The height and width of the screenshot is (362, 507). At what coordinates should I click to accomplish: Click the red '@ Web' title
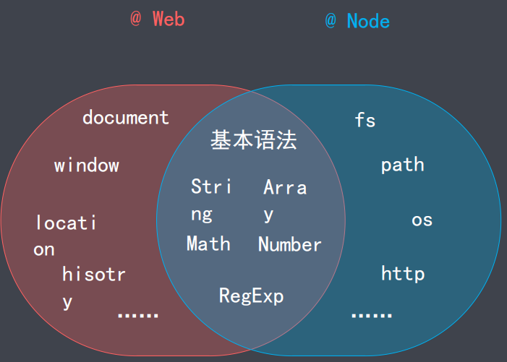point(158,19)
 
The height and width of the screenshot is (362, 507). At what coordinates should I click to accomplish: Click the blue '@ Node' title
point(357,21)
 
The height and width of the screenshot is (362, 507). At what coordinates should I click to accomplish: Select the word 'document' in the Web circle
point(126,117)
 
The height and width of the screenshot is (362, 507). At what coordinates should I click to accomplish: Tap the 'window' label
point(87,165)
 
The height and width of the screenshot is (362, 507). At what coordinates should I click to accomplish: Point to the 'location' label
point(65,235)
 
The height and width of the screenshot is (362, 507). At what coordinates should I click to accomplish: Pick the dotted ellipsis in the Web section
point(137,315)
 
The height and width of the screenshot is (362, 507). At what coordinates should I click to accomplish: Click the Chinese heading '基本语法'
point(254,140)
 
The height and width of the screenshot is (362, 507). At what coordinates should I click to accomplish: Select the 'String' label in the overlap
point(210,199)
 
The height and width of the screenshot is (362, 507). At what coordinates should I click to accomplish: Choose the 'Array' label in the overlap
point(285,199)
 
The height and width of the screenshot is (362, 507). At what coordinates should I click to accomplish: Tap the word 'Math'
point(208,244)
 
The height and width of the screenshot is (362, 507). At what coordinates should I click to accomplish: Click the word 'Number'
point(290,244)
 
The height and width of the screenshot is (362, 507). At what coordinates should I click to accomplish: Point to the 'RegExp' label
point(252,296)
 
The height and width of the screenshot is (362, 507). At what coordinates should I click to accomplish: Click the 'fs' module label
point(365,120)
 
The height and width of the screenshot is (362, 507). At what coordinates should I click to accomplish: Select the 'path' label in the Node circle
point(403,165)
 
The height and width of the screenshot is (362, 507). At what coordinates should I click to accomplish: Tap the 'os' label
point(422,219)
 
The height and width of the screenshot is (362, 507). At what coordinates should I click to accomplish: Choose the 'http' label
point(403,274)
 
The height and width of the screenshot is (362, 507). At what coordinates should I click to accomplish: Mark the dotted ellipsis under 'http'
point(372,315)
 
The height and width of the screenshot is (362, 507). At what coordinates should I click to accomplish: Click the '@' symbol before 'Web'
point(136,19)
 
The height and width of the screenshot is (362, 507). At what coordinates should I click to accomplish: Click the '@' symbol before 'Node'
point(331,21)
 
